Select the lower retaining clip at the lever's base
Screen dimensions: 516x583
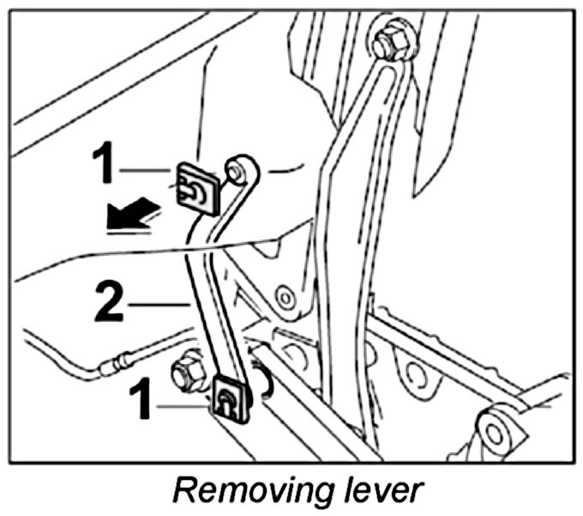coord(229,398)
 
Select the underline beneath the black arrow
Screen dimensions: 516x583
coord(125,229)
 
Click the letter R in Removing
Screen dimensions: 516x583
coord(183,491)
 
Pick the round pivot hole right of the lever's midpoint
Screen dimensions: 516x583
coord(286,297)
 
